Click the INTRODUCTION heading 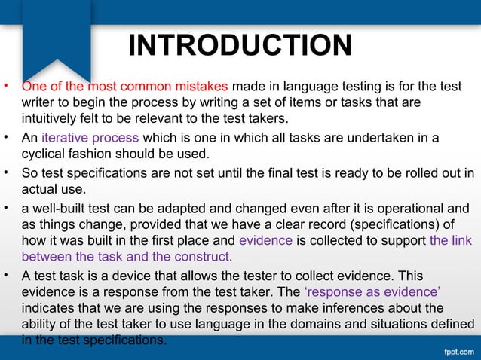(240, 45)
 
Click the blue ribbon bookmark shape (57, 38)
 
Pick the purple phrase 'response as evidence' (372, 292)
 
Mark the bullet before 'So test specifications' (6, 172)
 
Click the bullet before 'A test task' (6, 275)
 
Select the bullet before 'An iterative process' (6, 137)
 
